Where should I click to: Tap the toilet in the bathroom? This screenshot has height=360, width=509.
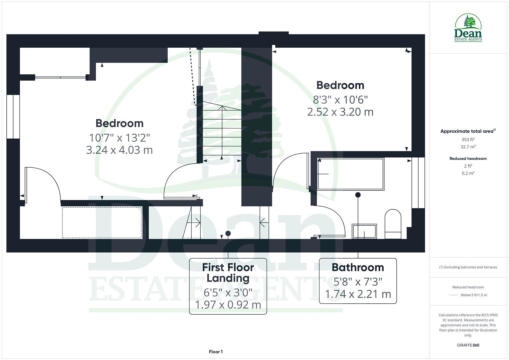[393, 224]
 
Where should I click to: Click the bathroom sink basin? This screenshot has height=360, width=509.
[364, 231]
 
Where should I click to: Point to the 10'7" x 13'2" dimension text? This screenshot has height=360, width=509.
[119, 137]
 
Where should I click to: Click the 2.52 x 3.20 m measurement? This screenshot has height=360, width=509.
[340, 112]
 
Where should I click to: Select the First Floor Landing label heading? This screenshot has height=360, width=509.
[228, 272]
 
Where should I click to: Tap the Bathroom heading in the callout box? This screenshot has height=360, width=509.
[358, 267]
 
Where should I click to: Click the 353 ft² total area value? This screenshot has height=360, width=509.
[468, 140]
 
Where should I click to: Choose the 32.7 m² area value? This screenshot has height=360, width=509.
[468, 147]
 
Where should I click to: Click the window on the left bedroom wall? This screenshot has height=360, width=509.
[13, 116]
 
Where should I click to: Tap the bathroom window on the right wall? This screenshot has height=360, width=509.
[418, 183]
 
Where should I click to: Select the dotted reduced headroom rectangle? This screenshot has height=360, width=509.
[102, 222]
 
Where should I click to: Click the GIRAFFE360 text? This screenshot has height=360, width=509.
[468, 345]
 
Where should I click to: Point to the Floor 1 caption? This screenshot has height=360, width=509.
[216, 352]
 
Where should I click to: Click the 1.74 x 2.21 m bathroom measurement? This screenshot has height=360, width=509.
[358, 294]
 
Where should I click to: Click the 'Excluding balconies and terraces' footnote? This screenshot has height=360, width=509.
[468, 267]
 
